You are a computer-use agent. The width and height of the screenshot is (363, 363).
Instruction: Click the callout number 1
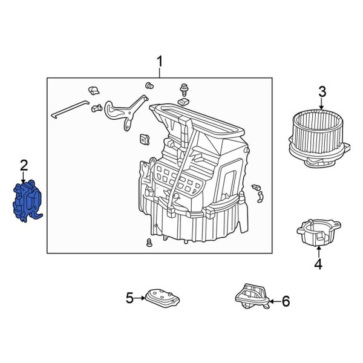160,61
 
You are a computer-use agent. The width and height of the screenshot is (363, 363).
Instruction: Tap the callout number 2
24,165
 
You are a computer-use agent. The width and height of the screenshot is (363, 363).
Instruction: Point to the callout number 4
318,264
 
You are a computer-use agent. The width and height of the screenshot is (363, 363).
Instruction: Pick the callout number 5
129,297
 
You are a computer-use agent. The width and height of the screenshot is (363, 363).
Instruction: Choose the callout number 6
286,301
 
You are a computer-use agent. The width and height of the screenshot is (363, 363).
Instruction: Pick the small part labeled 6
251,297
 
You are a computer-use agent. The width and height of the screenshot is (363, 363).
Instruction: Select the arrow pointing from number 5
140,297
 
